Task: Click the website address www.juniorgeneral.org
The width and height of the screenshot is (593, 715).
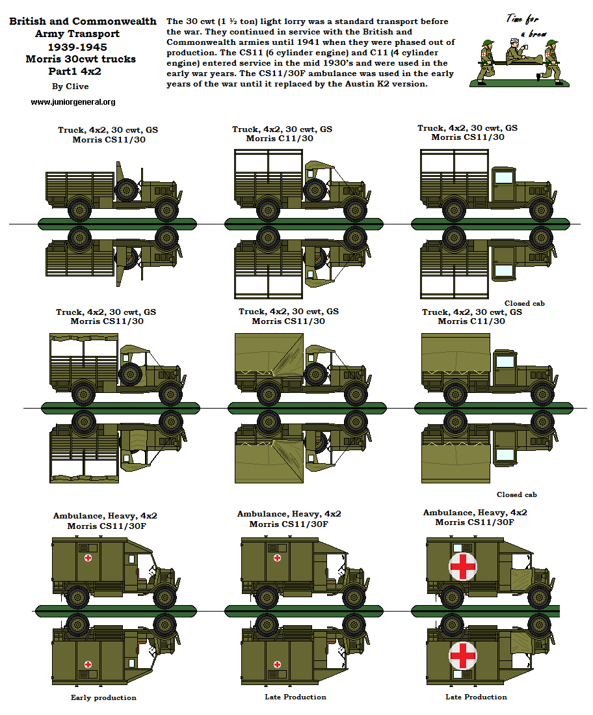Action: pyautogui.click(x=73, y=102)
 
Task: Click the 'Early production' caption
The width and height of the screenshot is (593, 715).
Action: pyautogui.click(x=103, y=697)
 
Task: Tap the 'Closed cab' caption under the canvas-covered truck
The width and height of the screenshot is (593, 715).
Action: pyautogui.click(x=517, y=494)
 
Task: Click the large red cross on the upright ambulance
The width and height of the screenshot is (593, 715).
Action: pyautogui.click(x=463, y=566)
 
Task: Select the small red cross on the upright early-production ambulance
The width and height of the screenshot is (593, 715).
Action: pyautogui.click(x=88, y=558)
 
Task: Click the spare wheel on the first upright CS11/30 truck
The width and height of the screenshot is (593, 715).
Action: pyautogui.click(x=125, y=191)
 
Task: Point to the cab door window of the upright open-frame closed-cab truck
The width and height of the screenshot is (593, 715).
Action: pyautogui.click(x=503, y=177)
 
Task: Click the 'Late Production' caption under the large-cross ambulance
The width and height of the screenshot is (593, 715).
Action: pyautogui.click(x=476, y=697)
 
